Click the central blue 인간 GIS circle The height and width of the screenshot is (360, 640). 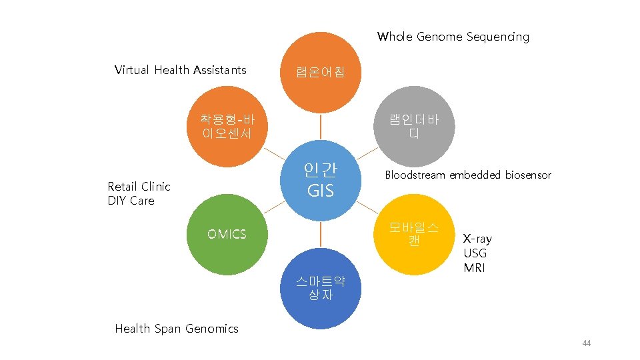point(321,179)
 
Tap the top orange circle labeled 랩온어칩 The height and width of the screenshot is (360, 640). point(321,71)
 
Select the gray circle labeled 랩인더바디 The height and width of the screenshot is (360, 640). point(414,125)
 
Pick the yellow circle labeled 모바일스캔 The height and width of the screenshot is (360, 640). point(414,234)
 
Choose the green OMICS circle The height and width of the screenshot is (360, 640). point(227,234)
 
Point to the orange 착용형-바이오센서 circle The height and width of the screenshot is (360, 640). point(227,125)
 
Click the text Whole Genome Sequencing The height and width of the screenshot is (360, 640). point(453,37)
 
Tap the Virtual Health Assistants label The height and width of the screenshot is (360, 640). point(180,70)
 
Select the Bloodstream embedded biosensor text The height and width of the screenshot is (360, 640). point(468,175)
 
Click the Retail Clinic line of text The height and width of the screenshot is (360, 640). point(139,187)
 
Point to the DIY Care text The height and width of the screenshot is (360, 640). point(131,201)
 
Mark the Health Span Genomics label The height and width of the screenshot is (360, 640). point(177,328)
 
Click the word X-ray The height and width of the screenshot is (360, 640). point(477,239)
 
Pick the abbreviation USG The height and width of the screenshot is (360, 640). point(475,253)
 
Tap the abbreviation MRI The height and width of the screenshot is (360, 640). point(474,268)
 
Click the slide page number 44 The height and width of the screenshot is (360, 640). point(586,343)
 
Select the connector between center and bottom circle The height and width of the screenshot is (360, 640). point(321,234)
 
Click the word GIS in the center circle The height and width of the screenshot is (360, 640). point(321,191)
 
